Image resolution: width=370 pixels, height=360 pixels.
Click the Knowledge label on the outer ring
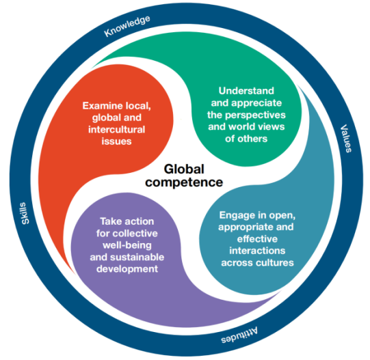(x=127, y=26)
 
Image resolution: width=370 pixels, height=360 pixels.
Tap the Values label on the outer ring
(x=346, y=139)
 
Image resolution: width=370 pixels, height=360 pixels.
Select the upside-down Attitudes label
(x=239, y=335)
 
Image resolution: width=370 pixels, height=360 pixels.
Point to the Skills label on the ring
(x=25, y=213)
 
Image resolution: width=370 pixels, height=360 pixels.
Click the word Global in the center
(x=184, y=169)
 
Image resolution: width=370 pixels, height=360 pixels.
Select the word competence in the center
(x=184, y=182)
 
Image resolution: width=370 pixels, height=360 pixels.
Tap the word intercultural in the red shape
(x=116, y=129)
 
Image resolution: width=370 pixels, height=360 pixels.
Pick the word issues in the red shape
(x=116, y=141)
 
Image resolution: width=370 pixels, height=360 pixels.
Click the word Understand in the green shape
(x=246, y=91)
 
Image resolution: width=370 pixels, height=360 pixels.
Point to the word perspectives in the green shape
(x=255, y=115)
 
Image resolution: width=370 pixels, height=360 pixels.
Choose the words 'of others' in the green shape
(x=246, y=139)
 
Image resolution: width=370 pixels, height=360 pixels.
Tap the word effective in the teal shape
(x=257, y=239)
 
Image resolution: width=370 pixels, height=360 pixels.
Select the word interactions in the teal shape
(x=257, y=251)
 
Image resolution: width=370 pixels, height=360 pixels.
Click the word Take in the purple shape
(x=109, y=221)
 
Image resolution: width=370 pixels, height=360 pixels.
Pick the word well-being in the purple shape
(x=127, y=245)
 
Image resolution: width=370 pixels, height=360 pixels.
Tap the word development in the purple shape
(x=127, y=269)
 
